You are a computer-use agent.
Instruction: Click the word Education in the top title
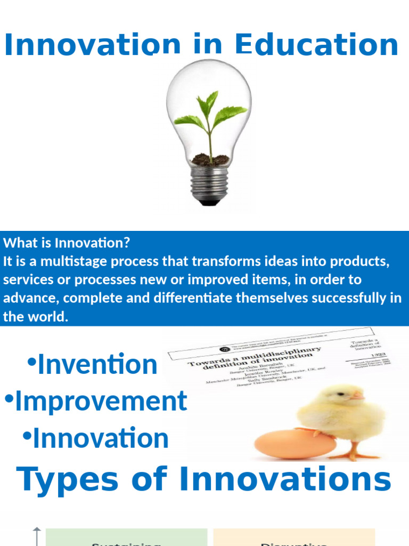[x=316, y=45]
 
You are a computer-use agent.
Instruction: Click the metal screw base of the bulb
[x=209, y=184]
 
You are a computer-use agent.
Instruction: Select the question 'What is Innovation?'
[x=67, y=243]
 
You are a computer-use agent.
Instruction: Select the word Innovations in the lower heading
[x=285, y=479]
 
